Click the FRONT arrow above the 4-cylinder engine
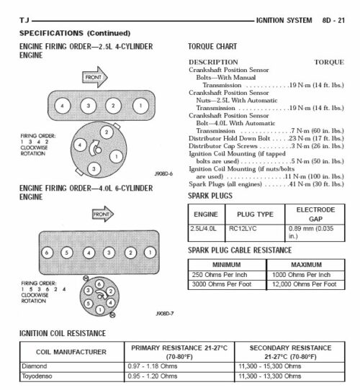(x=94, y=77)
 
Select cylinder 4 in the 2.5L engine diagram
(x=62, y=106)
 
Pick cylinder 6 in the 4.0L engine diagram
(x=47, y=253)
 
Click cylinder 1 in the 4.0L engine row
(x=150, y=253)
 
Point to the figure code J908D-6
(x=164, y=174)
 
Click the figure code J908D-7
(x=165, y=314)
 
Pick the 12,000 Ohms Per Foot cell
(x=303, y=284)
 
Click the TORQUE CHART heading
(x=215, y=45)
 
